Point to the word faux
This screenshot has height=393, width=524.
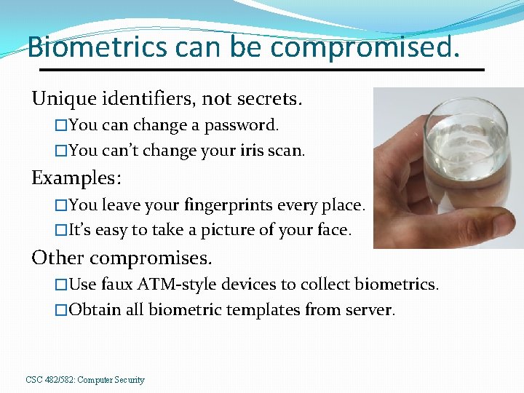pos(116,284)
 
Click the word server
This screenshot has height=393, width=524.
pos(370,310)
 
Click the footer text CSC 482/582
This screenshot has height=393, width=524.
pos(49,380)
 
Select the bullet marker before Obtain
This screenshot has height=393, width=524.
pos(61,311)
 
